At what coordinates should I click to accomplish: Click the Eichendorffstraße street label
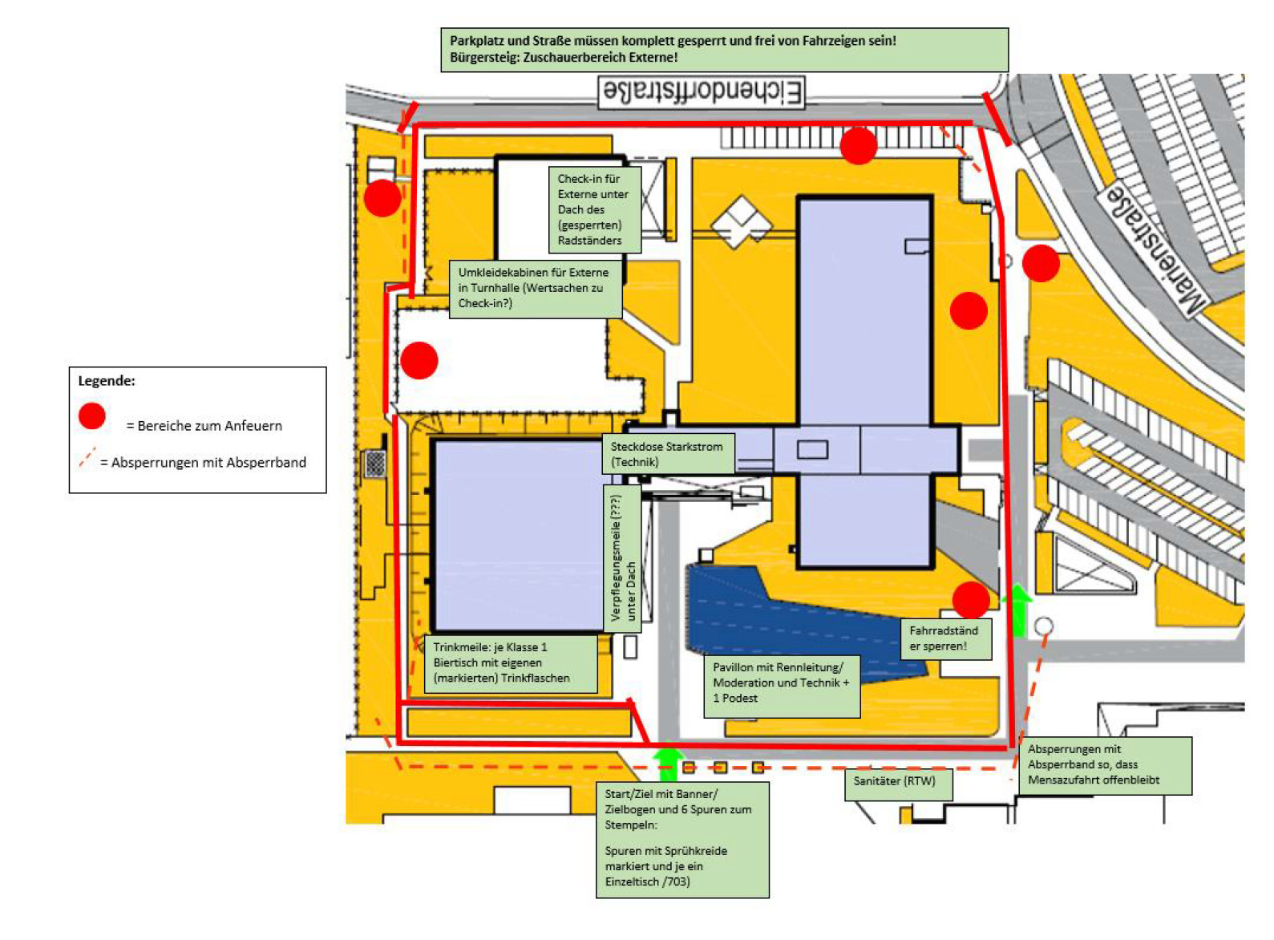point(702,92)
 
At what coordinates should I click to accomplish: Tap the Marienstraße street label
point(1155,248)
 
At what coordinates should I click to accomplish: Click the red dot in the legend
point(92,416)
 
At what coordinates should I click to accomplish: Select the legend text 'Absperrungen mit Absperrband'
point(203,463)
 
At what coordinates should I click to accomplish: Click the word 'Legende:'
point(107,381)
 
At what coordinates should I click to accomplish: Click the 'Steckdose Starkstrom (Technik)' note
point(667,454)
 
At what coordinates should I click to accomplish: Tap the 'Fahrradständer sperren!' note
point(944,638)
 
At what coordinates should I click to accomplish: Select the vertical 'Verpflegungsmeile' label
point(622,557)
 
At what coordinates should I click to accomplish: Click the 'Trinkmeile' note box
point(510,663)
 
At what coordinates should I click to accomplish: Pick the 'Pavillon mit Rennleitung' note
point(781,684)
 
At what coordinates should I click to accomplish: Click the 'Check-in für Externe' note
point(593,209)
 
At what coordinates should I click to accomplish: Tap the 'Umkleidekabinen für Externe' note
point(534,288)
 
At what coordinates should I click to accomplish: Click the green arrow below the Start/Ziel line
point(667,764)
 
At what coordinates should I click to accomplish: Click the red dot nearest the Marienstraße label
point(1041,264)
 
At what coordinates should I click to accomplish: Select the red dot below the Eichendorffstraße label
point(858,146)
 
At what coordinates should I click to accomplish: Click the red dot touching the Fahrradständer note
point(971,601)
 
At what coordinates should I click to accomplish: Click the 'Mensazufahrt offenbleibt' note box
point(1104,765)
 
